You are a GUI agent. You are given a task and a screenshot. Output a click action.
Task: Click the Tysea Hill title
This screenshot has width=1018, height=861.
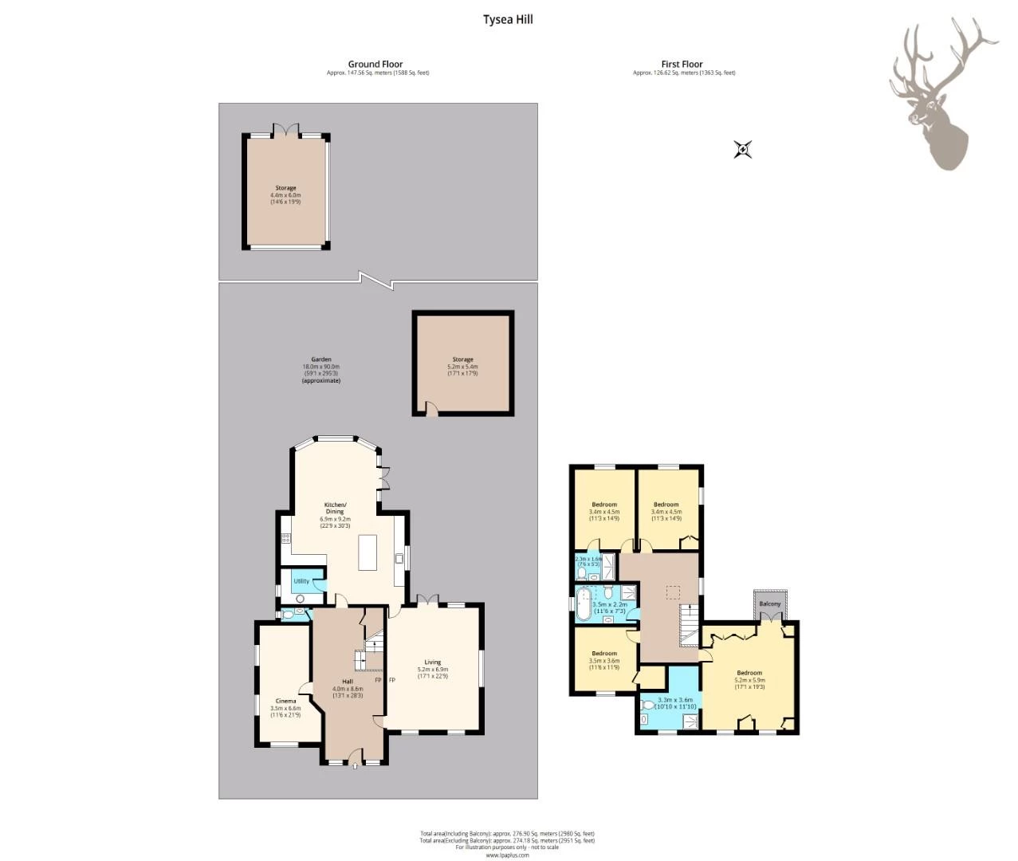click(x=508, y=19)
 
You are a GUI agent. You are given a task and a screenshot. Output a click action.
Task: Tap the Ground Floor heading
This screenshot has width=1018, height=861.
click(x=375, y=64)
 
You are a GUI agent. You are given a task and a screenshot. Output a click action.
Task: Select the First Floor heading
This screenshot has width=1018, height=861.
click(x=682, y=64)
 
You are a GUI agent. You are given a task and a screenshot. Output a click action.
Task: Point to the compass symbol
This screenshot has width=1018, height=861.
click(x=743, y=149)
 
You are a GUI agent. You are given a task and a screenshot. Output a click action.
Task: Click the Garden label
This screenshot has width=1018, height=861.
click(x=321, y=360)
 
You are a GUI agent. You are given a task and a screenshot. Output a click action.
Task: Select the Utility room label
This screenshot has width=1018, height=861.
click(x=301, y=581)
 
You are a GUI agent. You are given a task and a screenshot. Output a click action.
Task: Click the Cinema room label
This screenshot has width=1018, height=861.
click(x=285, y=701)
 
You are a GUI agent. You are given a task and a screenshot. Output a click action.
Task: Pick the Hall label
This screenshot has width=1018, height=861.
click(x=348, y=682)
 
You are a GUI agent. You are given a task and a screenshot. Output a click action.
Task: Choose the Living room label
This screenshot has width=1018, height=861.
click(x=432, y=662)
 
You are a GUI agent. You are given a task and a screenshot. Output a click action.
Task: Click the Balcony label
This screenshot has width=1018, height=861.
click(x=769, y=604)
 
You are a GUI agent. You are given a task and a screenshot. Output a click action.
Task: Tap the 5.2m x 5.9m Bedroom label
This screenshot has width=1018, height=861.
click(x=749, y=673)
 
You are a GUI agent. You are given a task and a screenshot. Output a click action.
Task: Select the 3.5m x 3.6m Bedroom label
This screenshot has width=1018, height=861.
click(x=604, y=654)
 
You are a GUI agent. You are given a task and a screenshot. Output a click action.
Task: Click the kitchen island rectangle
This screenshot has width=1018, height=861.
click(x=368, y=552)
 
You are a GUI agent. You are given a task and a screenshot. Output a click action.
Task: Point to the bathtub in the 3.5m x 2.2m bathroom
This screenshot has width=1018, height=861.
click(x=584, y=603)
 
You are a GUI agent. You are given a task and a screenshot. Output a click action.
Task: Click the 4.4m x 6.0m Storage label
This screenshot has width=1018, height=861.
click(x=285, y=188)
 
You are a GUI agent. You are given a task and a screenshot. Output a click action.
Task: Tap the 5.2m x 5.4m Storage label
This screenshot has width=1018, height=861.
click(x=462, y=360)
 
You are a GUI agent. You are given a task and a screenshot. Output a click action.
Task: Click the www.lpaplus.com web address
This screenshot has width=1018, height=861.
click(x=508, y=855)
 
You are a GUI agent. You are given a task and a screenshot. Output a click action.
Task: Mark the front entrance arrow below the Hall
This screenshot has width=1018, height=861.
click(x=355, y=766)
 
